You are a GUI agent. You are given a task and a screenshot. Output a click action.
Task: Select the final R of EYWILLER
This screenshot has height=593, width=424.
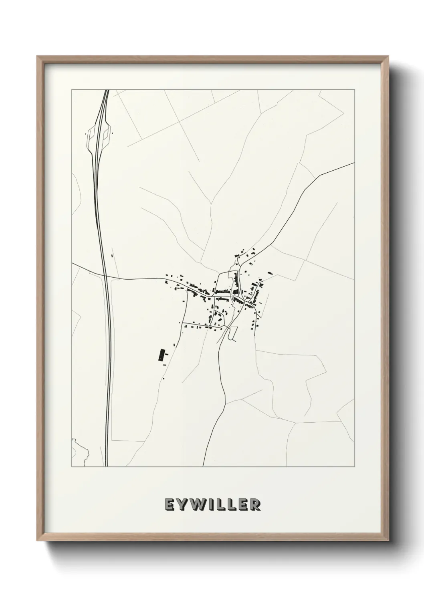tap(254, 505)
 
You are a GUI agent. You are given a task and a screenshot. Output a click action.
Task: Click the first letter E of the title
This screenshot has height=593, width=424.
tap(169, 505)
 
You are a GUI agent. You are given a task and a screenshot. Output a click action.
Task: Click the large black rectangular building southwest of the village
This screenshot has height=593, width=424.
tap(162, 356)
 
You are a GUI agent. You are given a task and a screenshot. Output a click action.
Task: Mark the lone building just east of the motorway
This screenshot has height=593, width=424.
tap(112, 255)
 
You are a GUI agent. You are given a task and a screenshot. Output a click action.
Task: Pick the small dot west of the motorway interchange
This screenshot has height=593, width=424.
tap(85, 134)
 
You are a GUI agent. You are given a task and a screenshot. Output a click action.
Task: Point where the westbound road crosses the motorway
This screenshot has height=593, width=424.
tap(105, 276)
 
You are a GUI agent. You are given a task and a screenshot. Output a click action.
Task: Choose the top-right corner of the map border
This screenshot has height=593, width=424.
tap(355, 89)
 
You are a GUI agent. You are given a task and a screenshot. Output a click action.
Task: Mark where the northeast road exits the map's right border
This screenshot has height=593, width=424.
tap(354, 163)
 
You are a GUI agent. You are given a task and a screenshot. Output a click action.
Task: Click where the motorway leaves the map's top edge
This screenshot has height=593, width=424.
tap(107, 90)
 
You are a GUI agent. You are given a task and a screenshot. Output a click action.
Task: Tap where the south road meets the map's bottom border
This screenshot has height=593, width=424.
tap(203, 466)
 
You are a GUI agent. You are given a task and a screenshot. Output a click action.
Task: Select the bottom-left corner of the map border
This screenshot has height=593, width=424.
tap(72, 466)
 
